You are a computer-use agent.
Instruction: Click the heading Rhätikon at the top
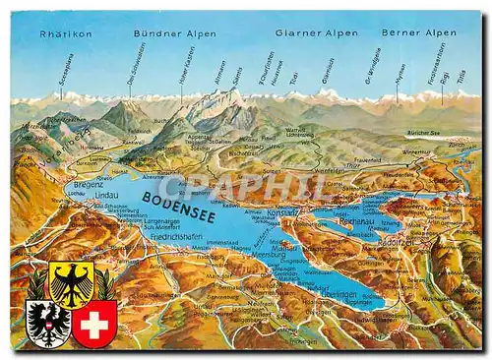66,33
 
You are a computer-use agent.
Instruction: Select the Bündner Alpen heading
175,33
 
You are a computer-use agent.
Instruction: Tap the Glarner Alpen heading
317,32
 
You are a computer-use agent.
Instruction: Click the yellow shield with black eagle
71,282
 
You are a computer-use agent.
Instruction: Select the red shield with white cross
94,324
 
